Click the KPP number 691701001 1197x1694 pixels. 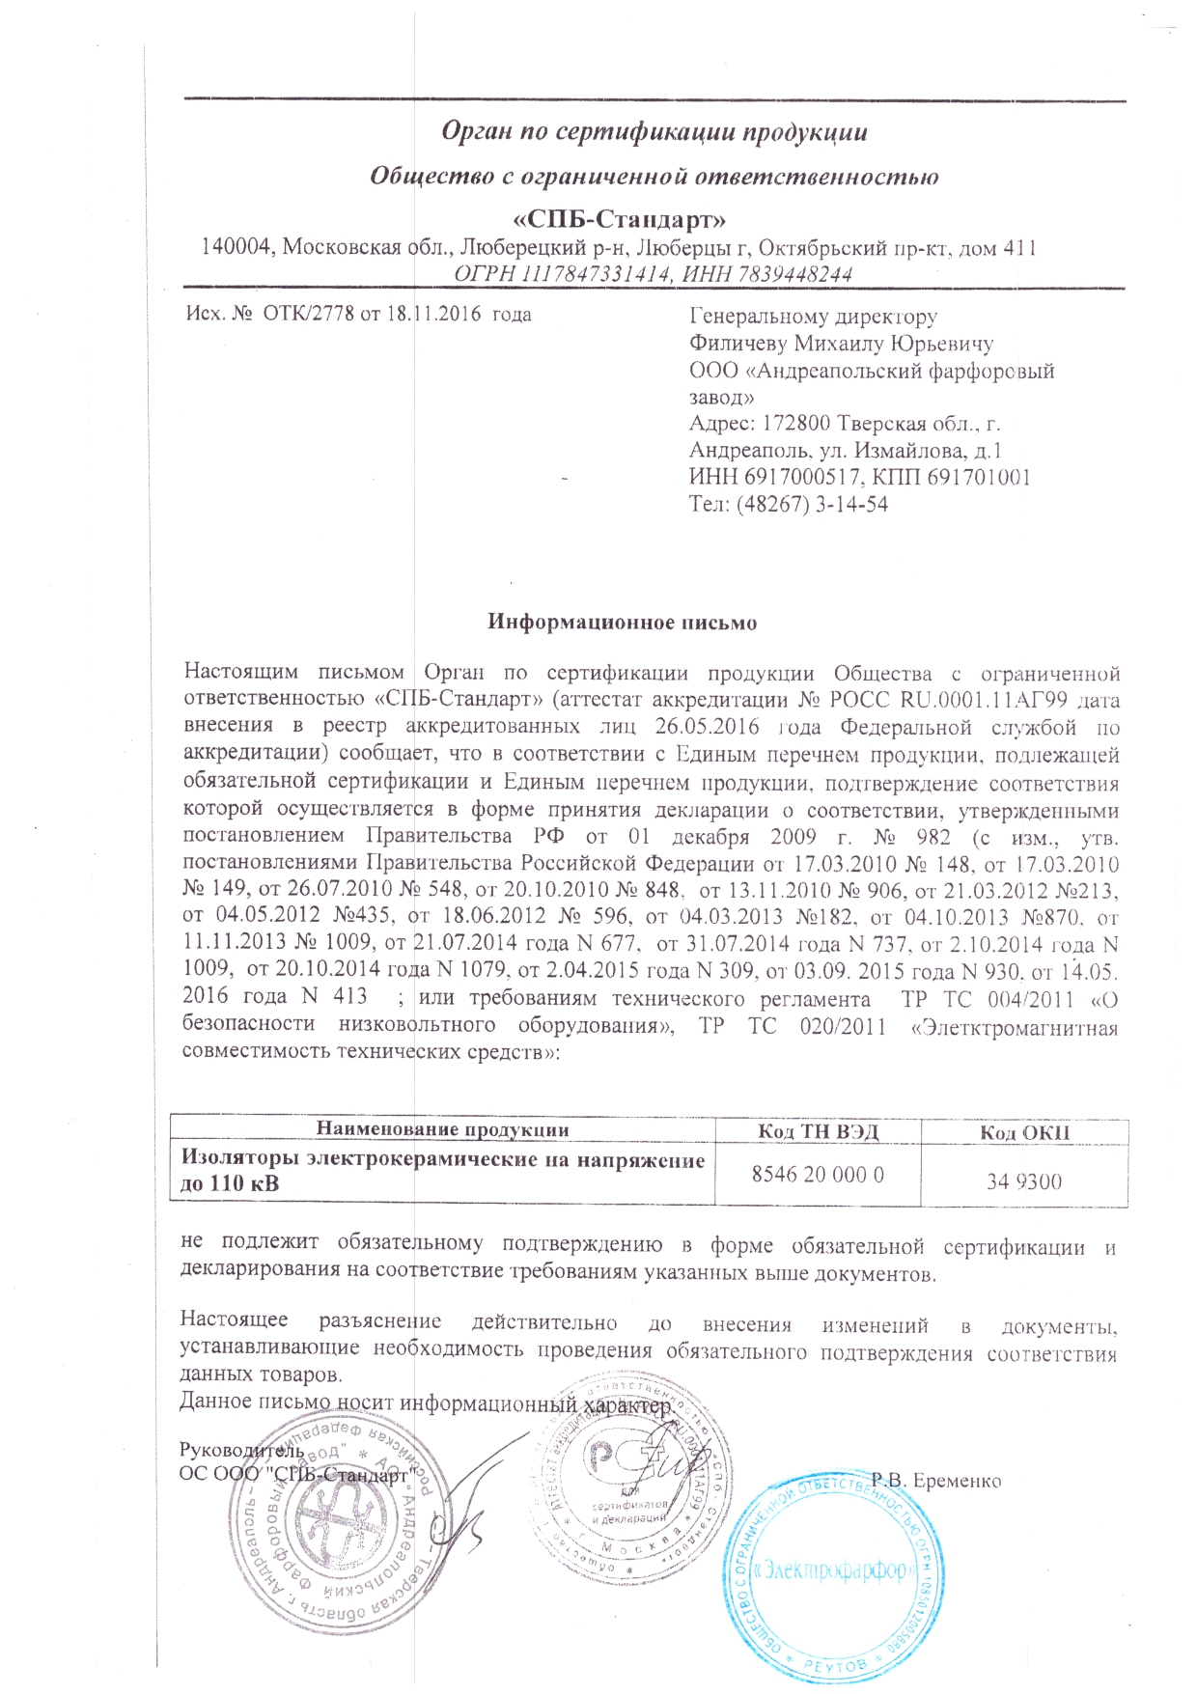[x=979, y=477]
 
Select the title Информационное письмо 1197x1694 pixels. [x=622, y=623]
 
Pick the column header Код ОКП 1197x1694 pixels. [x=1024, y=1132]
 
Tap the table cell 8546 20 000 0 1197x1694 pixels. [x=818, y=1175]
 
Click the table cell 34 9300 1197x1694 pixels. [x=1024, y=1180]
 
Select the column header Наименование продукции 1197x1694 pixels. [x=443, y=1130]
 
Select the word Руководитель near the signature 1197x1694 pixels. [x=242, y=1450]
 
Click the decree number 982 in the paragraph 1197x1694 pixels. [x=933, y=836]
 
